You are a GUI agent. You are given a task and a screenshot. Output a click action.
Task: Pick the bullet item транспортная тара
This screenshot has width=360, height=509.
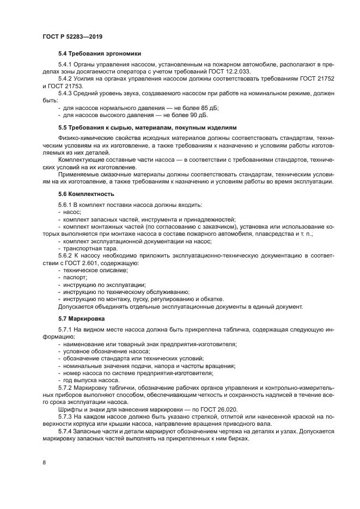click(90, 248)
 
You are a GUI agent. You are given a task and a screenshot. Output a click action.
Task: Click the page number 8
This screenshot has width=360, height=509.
click(44, 462)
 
